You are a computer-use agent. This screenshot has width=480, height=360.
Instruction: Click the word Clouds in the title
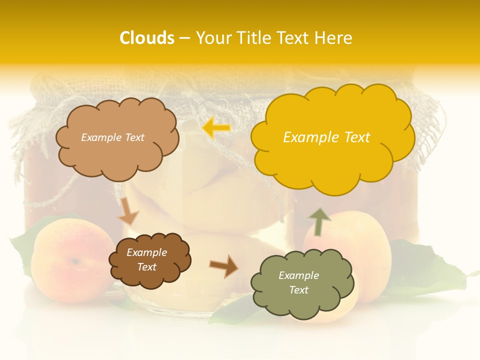coord(146,38)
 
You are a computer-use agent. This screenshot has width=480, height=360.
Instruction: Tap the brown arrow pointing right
coord(223,265)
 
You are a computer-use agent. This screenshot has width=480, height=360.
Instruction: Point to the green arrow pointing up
coord(319,221)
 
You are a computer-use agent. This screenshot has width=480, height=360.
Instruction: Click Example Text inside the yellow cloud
coord(326,137)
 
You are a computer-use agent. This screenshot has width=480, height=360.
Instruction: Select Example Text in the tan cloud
coord(112,137)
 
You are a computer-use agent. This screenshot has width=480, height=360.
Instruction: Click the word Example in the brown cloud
coord(146,252)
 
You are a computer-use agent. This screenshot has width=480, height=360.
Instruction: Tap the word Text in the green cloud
coord(298,290)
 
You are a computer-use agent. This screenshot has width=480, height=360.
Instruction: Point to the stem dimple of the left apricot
coord(75,261)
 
